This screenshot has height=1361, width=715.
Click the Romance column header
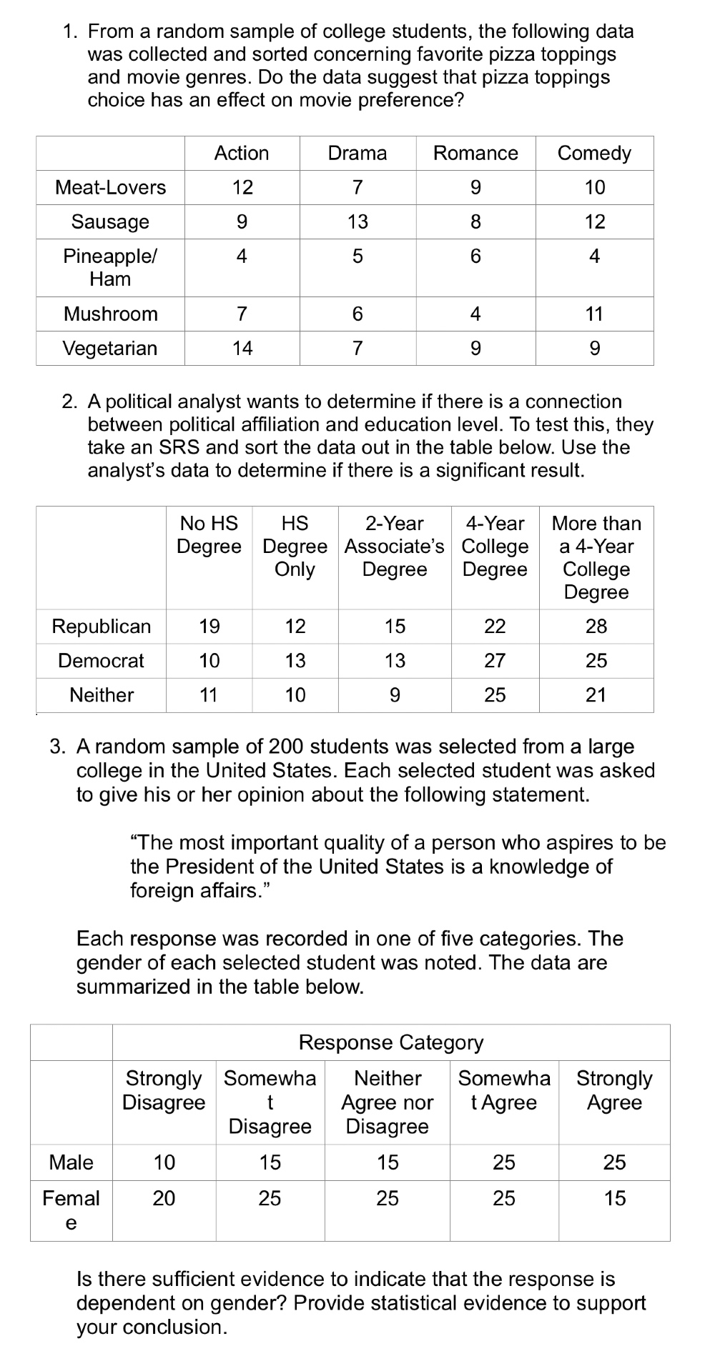click(x=475, y=153)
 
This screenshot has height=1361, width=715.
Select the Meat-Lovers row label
click(x=110, y=187)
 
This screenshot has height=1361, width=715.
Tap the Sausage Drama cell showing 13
click(x=357, y=221)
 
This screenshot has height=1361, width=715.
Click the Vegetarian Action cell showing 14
click(x=242, y=348)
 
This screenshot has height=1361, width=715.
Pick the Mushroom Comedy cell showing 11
click(x=594, y=314)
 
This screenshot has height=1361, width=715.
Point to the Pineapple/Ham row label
click(x=110, y=267)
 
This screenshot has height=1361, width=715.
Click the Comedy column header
click(x=594, y=153)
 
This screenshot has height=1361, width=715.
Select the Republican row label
click(x=102, y=627)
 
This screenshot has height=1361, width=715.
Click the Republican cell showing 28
click(x=596, y=627)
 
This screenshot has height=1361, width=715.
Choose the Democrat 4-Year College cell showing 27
click(x=495, y=661)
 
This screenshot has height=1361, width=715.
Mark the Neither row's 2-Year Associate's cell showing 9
click(x=395, y=694)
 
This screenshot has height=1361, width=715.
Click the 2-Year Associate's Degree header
click(x=395, y=547)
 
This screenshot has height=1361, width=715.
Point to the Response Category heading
click(x=391, y=1042)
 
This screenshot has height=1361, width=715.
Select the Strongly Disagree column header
click(x=164, y=1090)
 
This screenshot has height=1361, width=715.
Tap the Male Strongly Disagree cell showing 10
click(x=164, y=1162)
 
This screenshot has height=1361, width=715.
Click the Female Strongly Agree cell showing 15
click(x=614, y=1198)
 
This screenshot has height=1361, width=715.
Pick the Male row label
click(x=71, y=1162)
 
